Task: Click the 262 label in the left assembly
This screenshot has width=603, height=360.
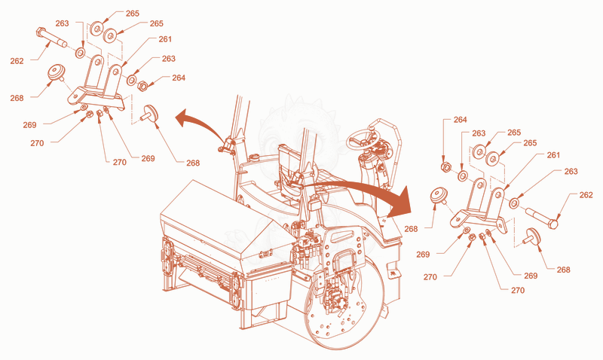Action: point(17,61)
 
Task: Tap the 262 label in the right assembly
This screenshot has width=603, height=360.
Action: point(586,195)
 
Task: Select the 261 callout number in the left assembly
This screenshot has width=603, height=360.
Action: point(165,39)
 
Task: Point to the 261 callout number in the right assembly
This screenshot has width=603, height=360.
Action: point(553,155)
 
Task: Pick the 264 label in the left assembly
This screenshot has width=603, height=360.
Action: point(179,78)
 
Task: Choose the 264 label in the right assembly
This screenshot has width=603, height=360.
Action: point(460,120)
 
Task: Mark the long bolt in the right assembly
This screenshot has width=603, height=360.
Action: point(541,218)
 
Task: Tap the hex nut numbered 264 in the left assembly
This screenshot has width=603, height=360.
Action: point(142,85)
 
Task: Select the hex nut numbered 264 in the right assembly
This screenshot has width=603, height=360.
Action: point(445,167)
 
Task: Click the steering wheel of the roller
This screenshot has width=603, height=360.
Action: point(363,141)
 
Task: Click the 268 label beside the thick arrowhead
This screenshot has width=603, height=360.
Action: point(411,229)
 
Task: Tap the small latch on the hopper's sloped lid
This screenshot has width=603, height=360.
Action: point(266,253)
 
